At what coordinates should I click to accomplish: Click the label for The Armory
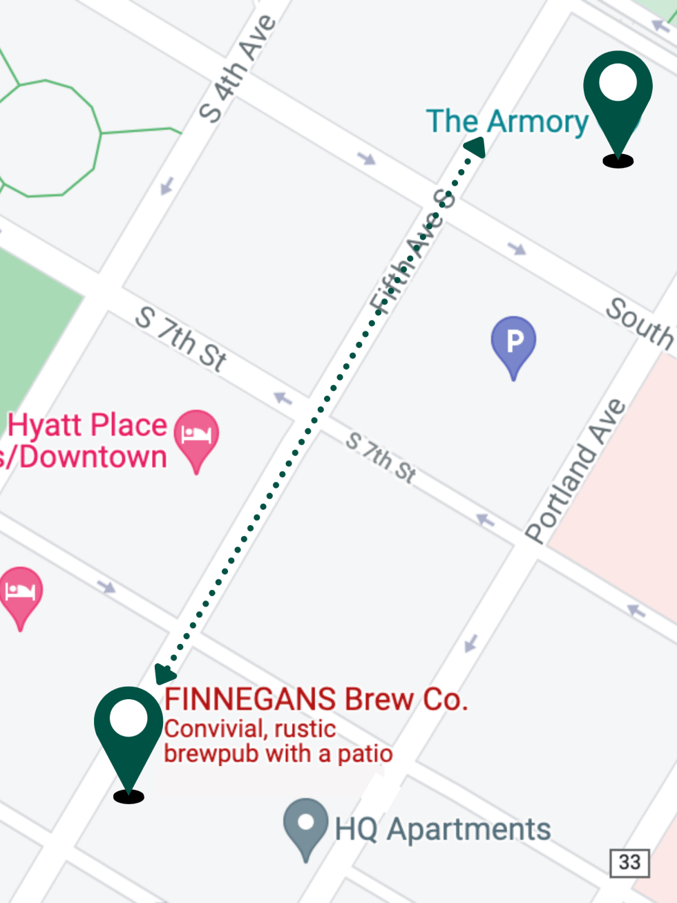(x=507, y=122)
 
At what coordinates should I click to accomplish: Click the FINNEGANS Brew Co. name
(x=316, y=699)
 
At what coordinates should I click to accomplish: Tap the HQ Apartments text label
(x=443, y=829)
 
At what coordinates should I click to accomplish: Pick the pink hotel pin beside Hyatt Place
(x=196, y=437)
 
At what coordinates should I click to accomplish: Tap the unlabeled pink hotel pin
(x=21, y=593)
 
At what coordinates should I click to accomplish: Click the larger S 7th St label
(x=181, y=339)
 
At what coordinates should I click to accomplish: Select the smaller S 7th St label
(x=381, y=457)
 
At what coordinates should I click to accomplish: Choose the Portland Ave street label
(x=575, y=470)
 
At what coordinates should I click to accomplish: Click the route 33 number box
(x=629, y=862)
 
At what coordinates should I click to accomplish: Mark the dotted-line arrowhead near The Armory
(x=475, y=146)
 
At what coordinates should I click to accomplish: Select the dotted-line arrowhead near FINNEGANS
(x=164, y=672)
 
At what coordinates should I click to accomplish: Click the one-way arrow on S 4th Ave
(x=166, y=186)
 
